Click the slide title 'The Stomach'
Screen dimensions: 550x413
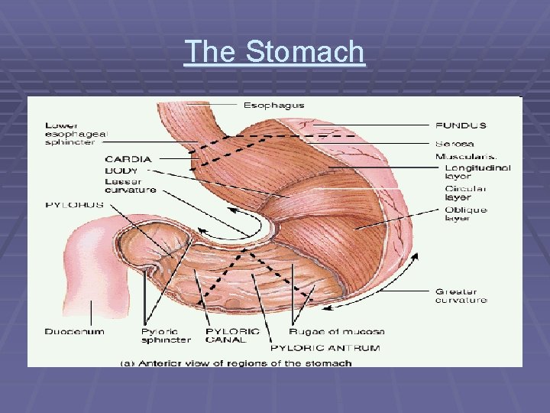(275, 52)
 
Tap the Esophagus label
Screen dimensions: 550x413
(273, 105)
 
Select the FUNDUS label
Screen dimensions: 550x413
(461, 125)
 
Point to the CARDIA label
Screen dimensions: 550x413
(128, 159)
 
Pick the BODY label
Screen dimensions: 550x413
(121, 170)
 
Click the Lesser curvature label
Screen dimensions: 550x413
(131, 185)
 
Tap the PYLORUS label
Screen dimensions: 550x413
(75, 205)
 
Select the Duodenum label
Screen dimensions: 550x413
(74, 331)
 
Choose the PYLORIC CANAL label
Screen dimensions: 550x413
(232, 336)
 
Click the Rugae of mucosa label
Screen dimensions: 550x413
(336, 331)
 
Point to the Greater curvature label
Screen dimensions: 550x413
(461, 296)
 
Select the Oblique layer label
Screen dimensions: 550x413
(465, 214)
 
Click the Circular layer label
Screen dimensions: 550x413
(466, 193)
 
